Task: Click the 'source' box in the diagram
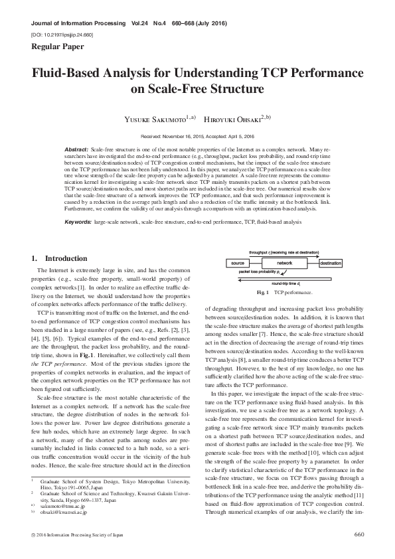(x=238, y=264)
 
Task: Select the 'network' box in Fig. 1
(x=285, y=264)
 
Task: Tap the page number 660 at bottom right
(x=359, y=534)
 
